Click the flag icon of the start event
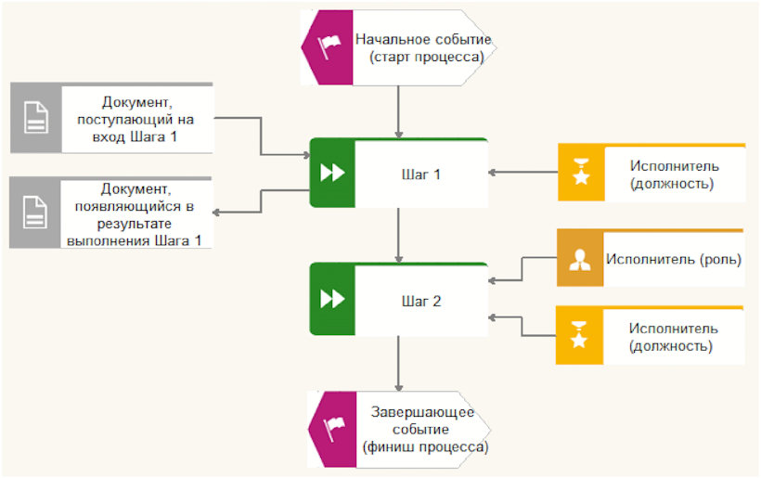coord(329,46)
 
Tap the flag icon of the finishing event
coord(333,429)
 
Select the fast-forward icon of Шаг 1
coord(332,173)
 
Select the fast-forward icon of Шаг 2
coord(332,299)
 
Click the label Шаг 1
coord(420,174)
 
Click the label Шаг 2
coord(421,302)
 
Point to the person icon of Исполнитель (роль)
coord(579,260)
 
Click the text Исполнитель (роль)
coord(674,260)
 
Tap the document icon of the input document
coord(36,118)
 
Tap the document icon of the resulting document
coord(35,212)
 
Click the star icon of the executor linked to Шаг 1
coord(581,172)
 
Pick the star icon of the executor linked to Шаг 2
coord(579,335)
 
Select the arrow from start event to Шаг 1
coord(398,112)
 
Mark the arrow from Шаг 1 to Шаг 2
coord(398,236)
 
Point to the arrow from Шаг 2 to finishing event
coord(398,364)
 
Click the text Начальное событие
coord(423,39)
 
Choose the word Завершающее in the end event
coord(422,412)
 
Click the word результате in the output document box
coord(135,224)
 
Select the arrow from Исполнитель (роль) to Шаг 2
coord(522,269)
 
